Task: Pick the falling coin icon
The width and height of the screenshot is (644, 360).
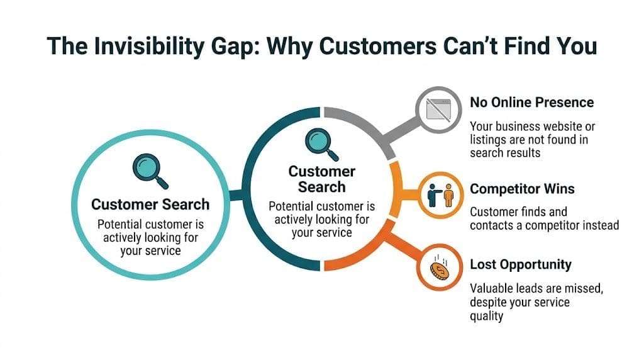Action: pyautogui.click(x=438, y=268)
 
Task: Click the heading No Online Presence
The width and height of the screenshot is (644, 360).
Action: pyautogui.click(x=531, y=102)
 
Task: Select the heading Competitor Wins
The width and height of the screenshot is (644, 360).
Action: pyautogui.click(x=522, y=189)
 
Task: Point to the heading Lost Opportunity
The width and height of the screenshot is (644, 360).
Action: pyautogui.click(x=521, y=264)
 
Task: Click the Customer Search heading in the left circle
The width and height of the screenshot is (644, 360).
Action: pyautogui.click(x=150, y=205)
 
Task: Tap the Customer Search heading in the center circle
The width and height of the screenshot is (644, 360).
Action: pyautogui.click(x=322, y=179)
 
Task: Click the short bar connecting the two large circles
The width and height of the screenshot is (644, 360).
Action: pyautogui.click(x=236, y=196)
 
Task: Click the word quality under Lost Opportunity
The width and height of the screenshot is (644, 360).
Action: pyautogui.click(x=486, y=316)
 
